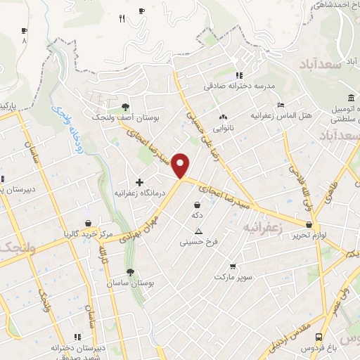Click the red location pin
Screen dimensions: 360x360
tap(182, 166)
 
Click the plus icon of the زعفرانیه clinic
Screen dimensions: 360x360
tap(139, 182)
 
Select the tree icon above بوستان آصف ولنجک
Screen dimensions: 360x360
tap(125, 107)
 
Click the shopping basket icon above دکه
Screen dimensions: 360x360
tap(197, 205)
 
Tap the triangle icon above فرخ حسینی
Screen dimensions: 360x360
tap(199, 231)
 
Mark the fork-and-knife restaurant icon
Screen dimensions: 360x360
tap(122, 19)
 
